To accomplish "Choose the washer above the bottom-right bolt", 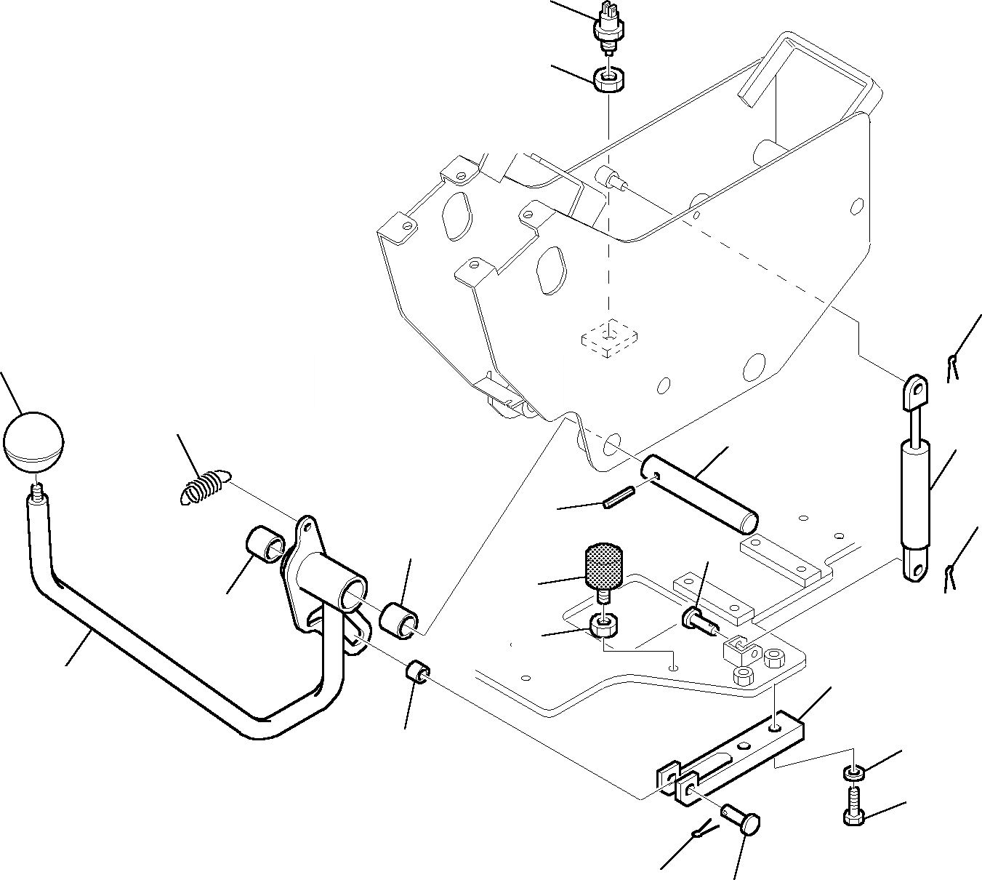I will click(853, 771).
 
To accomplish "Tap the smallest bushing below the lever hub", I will click(417, 671).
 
